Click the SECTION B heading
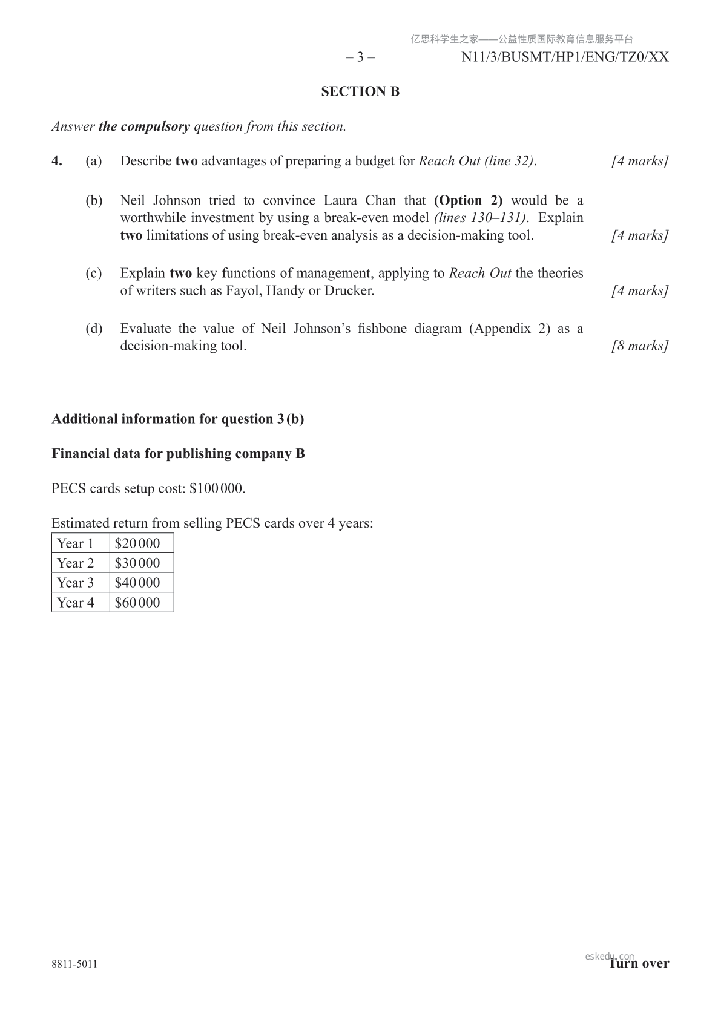(360, 91)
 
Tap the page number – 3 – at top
(360, 57)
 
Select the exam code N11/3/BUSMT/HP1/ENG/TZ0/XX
(565, 57)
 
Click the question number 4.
(57, 161)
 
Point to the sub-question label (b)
(94, 200)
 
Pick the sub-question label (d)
(94, 329)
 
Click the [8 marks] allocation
(640, 346)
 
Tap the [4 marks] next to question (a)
(640, 161)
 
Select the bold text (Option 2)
(468, 200)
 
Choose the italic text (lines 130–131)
(479, 218)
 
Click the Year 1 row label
(76, 543)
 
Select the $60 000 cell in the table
(137, 603)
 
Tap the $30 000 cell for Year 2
(137, 563)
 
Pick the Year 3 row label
(76, 583)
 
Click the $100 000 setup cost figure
(217, 488)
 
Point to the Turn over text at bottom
(639, 963)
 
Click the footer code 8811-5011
(74, 964)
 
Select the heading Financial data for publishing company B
(178, 454)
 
